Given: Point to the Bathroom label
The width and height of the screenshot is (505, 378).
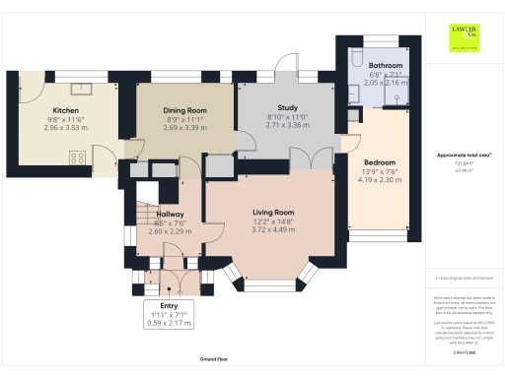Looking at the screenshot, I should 372,64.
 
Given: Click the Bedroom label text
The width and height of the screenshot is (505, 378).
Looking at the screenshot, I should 380,160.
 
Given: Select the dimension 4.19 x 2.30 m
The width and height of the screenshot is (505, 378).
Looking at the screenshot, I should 381,180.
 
